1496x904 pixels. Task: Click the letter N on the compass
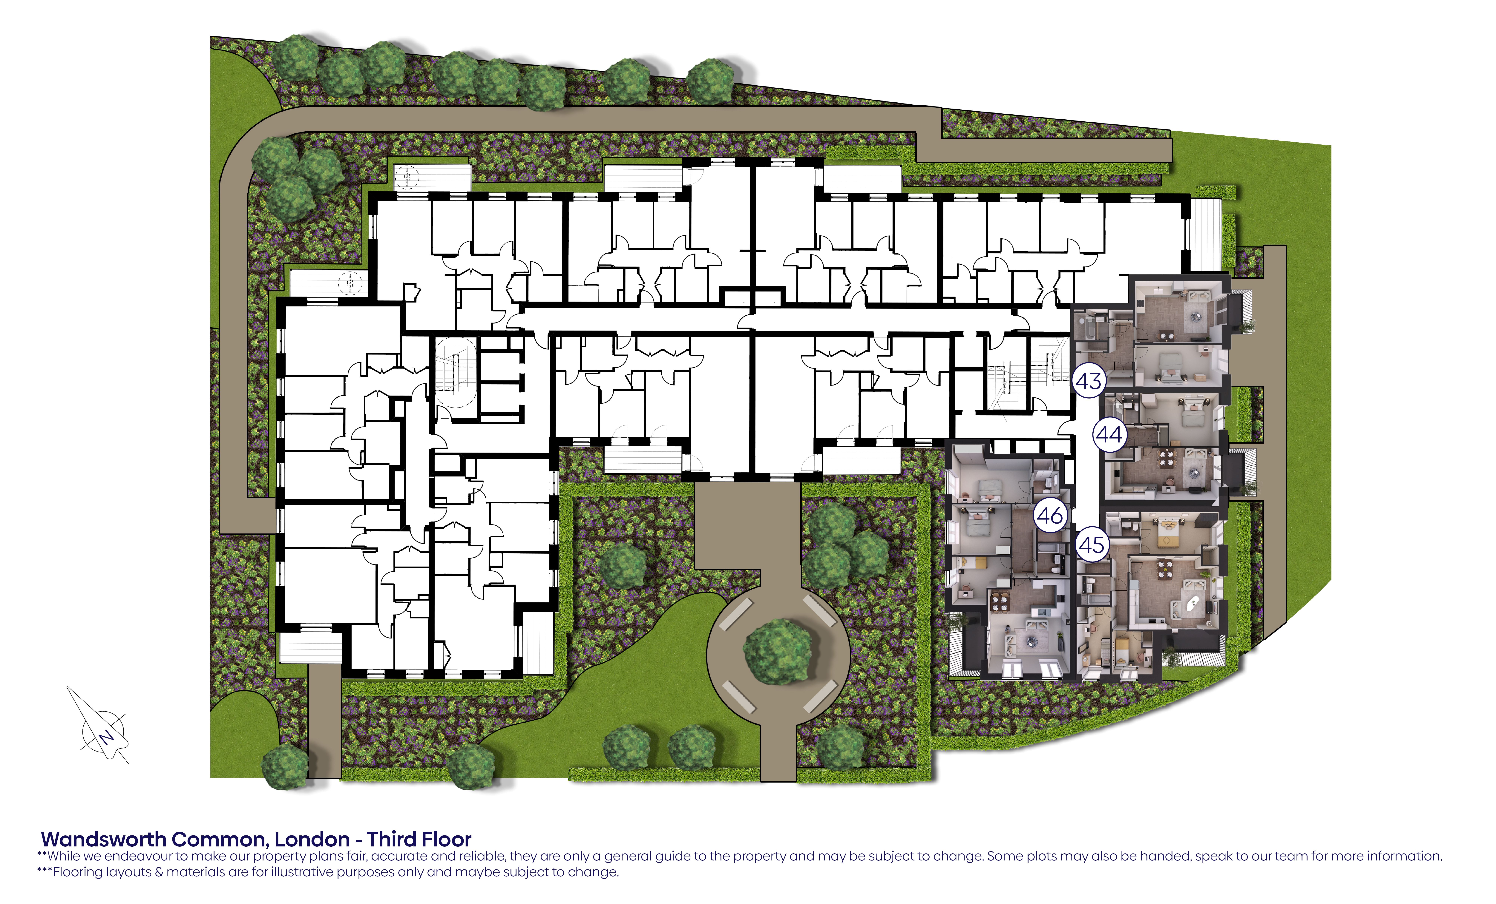click(x=107, y=737)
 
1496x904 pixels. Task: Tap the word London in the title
click(x=312, y=840)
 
